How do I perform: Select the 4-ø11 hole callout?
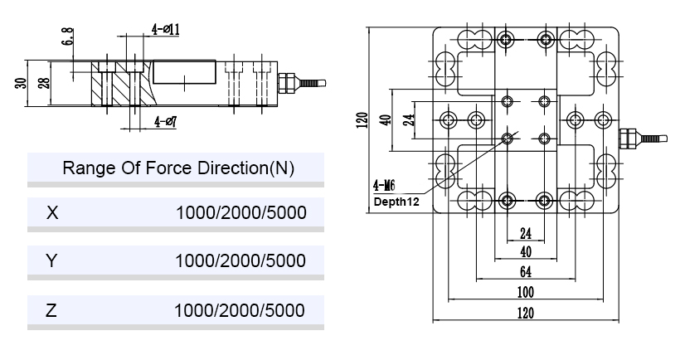pyautogui.click(x=166, y=30)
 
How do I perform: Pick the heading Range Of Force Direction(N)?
pyautogui.click(x=179, y=168)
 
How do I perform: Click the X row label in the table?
pyautogui.click(x=53, y=213)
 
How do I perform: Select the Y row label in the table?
pyautogui.click(x=52, y=261)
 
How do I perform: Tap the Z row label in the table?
pyautogui.click(x=52, y=310)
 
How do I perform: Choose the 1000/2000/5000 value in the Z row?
pyautogui.click(x=240, y=310)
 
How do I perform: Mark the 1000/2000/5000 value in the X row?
pyautogui.click(x=240, y=213)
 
